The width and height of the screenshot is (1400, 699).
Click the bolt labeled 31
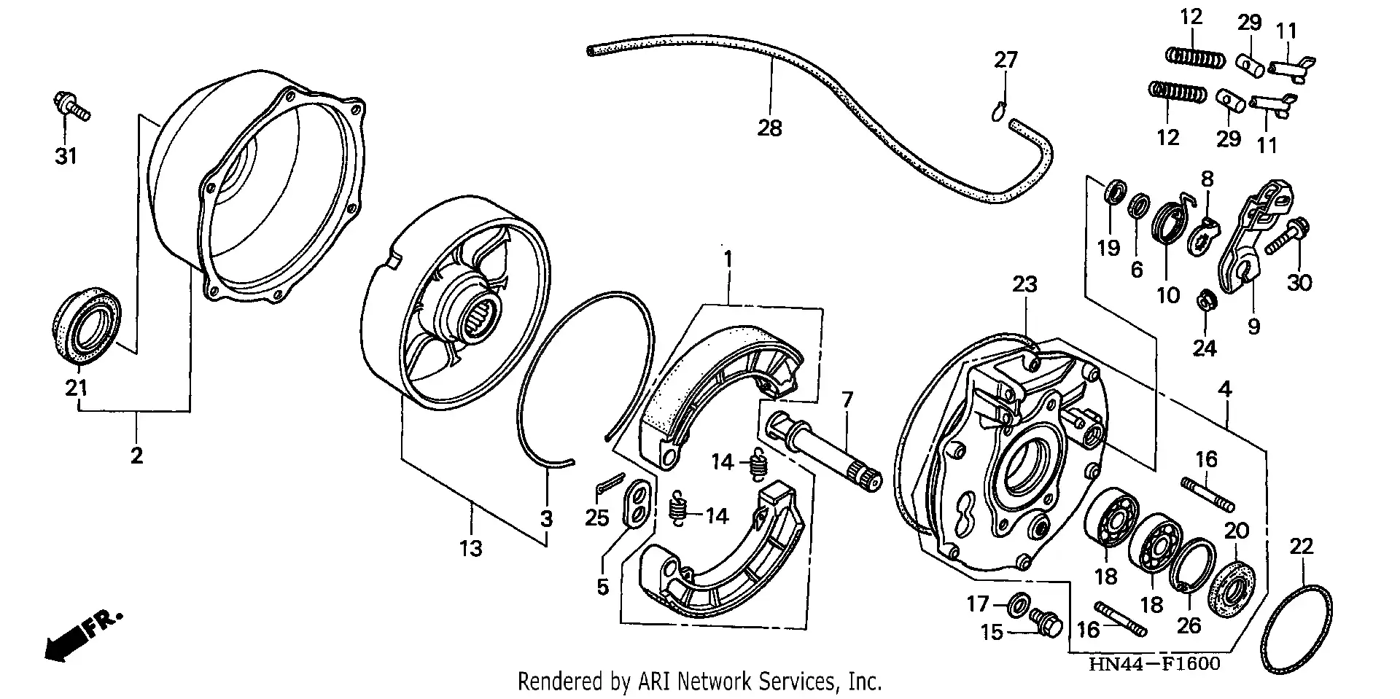click(71, 106)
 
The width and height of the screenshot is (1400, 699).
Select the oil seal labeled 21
click(85, 326)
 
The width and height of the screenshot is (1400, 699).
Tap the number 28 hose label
click(769, 128)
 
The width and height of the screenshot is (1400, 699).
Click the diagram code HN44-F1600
click(1154, 664)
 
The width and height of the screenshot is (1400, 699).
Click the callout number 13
click(470, 548)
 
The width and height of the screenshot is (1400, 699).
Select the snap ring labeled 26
click(1191, 566)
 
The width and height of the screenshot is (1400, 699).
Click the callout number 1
click(727, 259)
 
